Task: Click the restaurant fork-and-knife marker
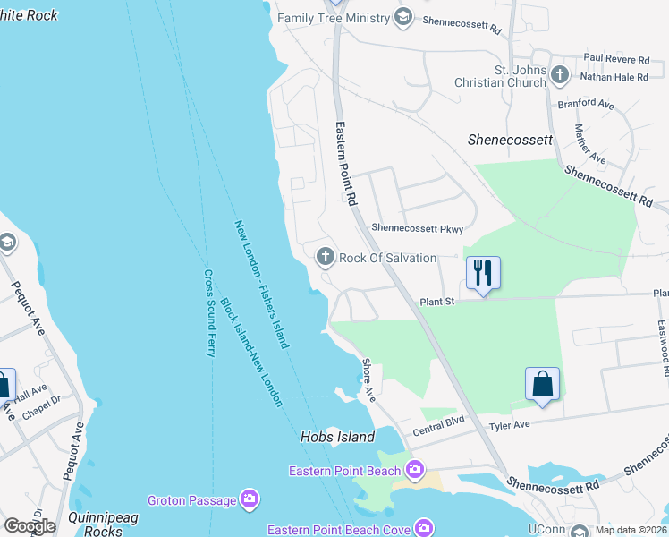(483, 272)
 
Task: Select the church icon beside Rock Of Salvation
(325, 258)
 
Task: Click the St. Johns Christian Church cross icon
(560, 75)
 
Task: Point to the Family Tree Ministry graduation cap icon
(403, 18)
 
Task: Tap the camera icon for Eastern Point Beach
(414, 469)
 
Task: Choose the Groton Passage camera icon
(250, 499)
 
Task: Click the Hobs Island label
(335, 439)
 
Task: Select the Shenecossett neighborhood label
(510, 141)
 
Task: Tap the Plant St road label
(437, 302)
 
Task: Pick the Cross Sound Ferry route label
(210, 313)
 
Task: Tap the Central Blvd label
(438, 426)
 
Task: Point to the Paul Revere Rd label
(616, 57)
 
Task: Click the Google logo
(29, 525)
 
